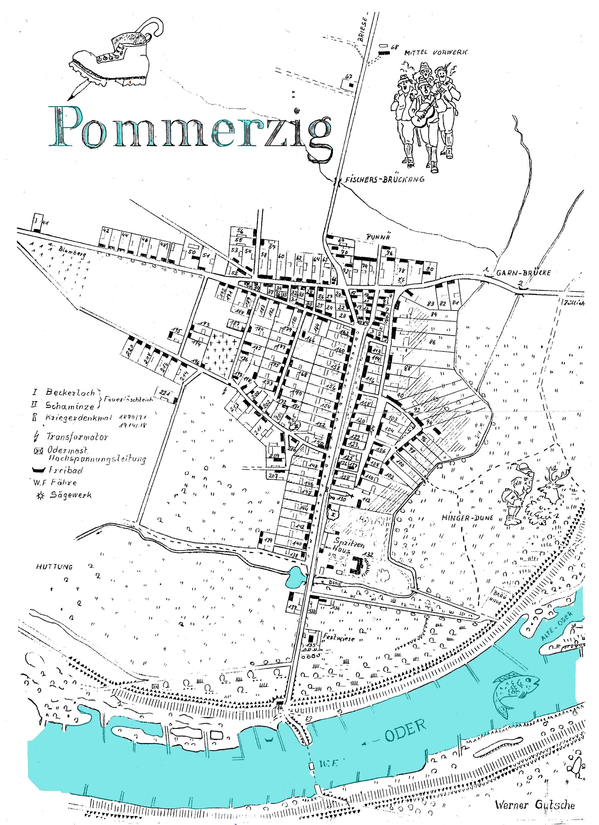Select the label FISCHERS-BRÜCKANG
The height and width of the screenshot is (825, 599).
(384, 179)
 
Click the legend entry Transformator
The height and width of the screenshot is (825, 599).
(76, 436)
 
